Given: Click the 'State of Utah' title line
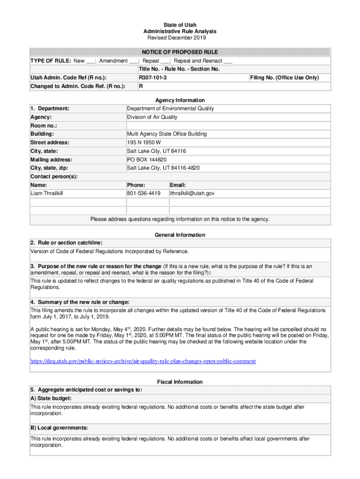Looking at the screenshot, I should point(180,25).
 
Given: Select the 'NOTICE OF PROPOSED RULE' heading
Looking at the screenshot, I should point(180,52).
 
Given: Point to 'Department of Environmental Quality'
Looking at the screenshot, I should point(171,109).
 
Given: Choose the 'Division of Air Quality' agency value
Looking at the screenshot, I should point(152,117).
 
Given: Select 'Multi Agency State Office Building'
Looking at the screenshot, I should point(167,134).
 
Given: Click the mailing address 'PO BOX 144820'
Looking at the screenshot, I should point(147,160).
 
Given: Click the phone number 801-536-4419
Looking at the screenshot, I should point(144,193).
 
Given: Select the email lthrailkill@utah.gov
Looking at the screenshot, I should point(192,193).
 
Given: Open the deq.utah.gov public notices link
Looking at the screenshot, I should point(143,361).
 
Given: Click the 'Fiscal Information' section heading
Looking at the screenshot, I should point(180,382).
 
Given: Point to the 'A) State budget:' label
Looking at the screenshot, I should point(51,398).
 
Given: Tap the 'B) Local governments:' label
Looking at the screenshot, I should point(59,428).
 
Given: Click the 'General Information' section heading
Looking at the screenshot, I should point(180,235).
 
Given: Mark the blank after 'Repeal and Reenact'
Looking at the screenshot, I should point(228,61).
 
